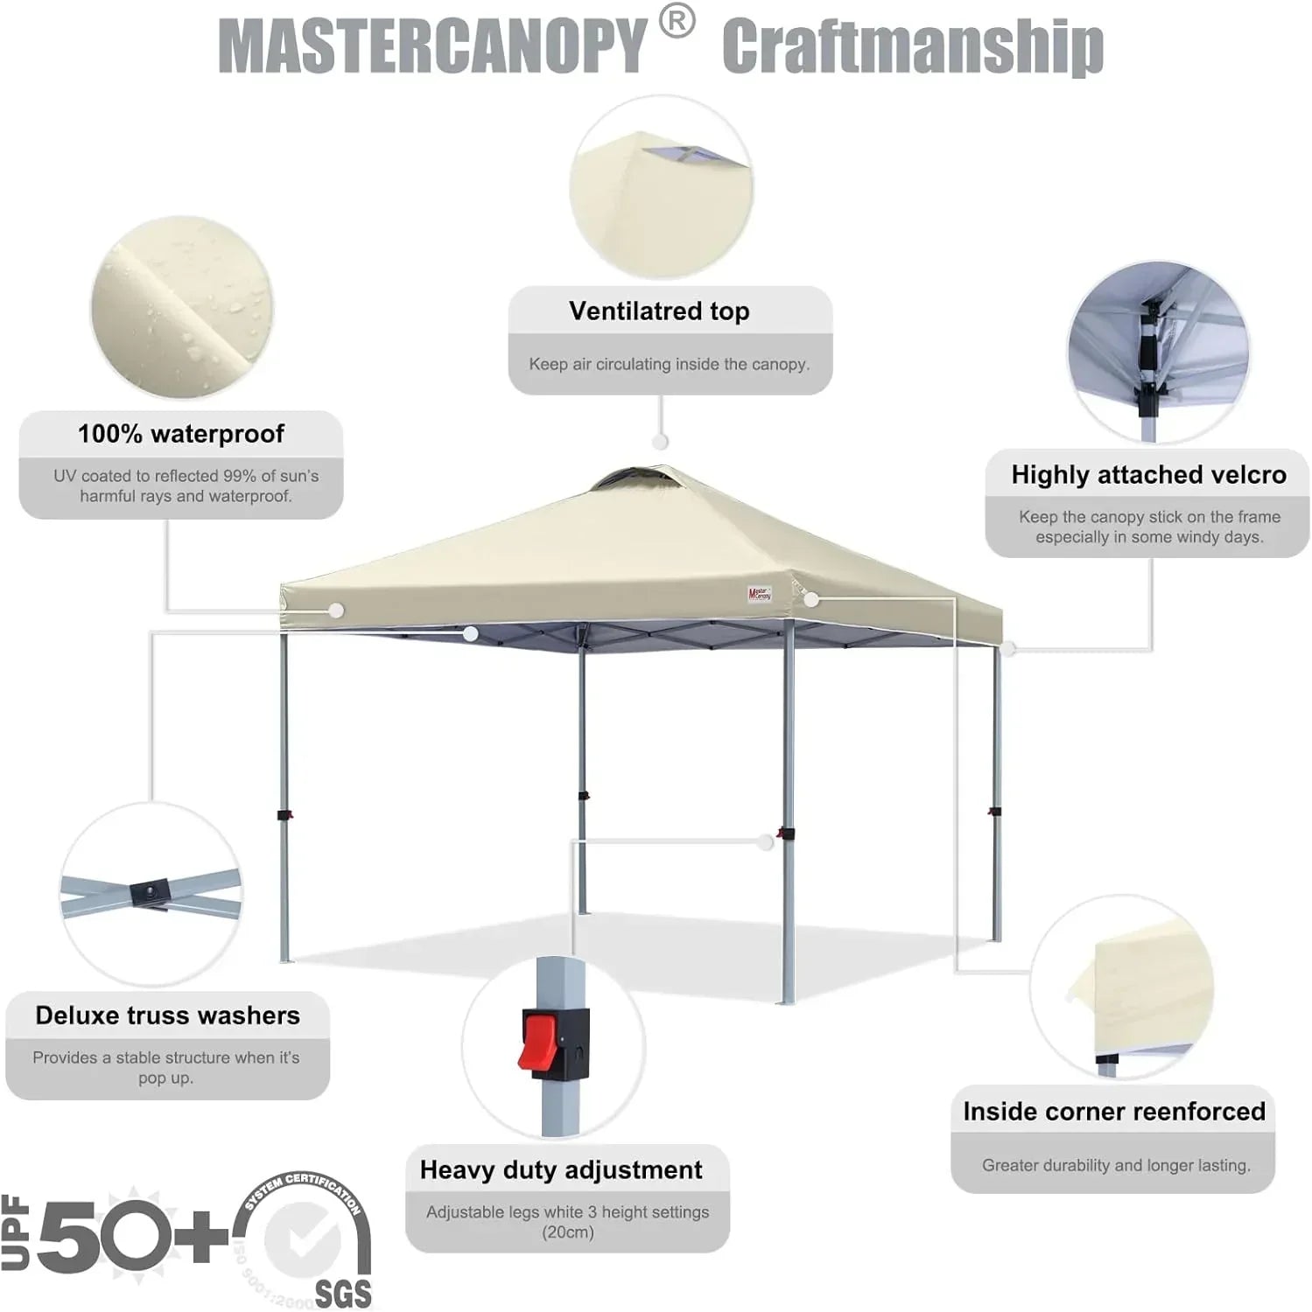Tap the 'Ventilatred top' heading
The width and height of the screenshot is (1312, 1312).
click(x=659, y=311)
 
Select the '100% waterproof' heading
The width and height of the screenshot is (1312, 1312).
click(x=181, y=434)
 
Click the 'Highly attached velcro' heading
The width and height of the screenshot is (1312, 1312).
click(x=1148, y=475)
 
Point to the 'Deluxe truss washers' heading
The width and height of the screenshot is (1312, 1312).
click(x=167, y=1015)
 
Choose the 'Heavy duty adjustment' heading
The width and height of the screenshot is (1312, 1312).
click(x=561, y=1170)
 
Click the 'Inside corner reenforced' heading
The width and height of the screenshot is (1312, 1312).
click(x=1114, y=1112)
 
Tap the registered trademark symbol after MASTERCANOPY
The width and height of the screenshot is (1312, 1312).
click(x=677, y=23)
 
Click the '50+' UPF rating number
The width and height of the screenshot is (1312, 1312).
click(x=131, y=1235)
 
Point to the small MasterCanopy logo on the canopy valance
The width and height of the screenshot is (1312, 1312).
click(x=759, y=594)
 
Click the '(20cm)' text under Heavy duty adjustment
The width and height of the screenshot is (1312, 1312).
click(x=567, y=1232)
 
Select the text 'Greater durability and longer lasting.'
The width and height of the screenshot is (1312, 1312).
click(x=1116, y=1165)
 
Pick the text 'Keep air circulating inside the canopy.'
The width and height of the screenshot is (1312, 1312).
click(x=669, y=364)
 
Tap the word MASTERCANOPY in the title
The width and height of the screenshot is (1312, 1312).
click(x=431, y=45)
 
